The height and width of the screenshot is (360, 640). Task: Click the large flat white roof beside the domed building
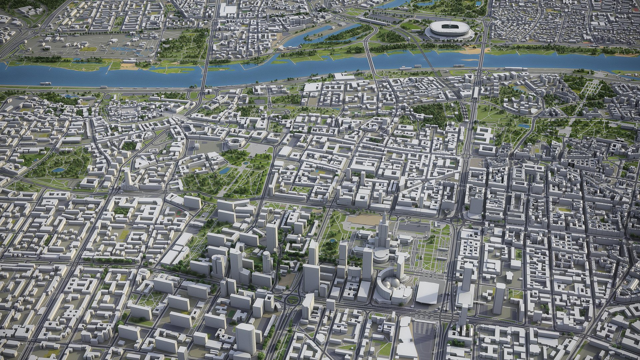pos(427,292)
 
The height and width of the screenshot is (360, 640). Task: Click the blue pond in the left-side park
pos(59,170)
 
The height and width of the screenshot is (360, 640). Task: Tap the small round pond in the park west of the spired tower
pos(332,240)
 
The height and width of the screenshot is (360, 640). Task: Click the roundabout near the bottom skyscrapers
pos(293,299)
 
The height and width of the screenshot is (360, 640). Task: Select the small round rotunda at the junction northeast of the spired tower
pos(447,211)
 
